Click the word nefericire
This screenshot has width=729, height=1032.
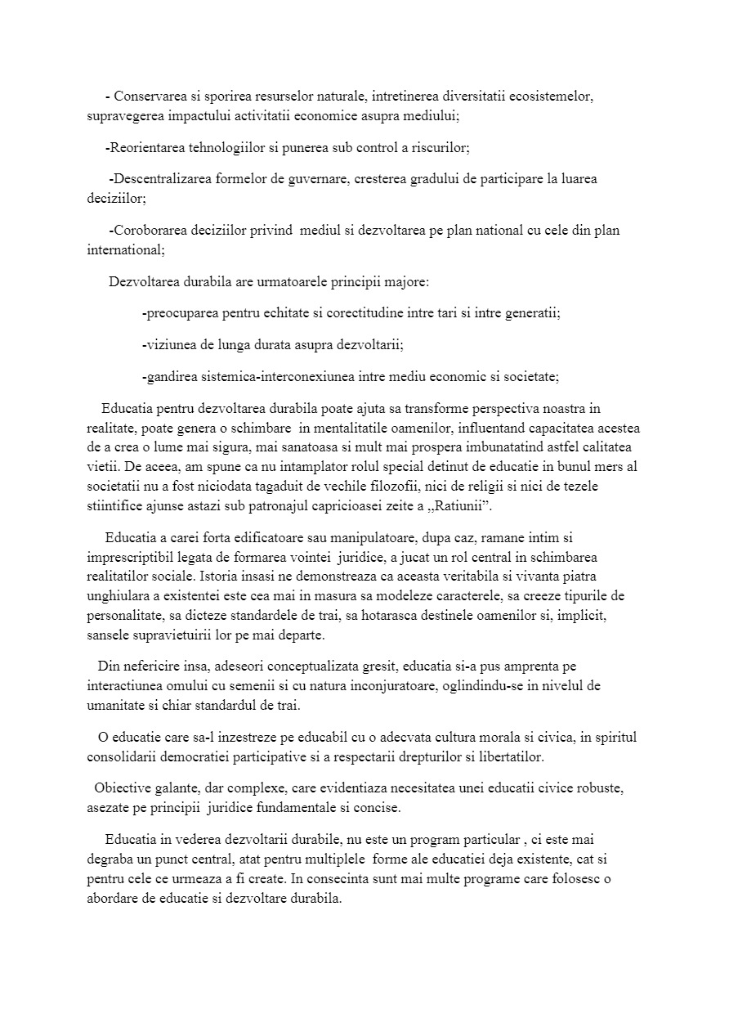tap(163, 666)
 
